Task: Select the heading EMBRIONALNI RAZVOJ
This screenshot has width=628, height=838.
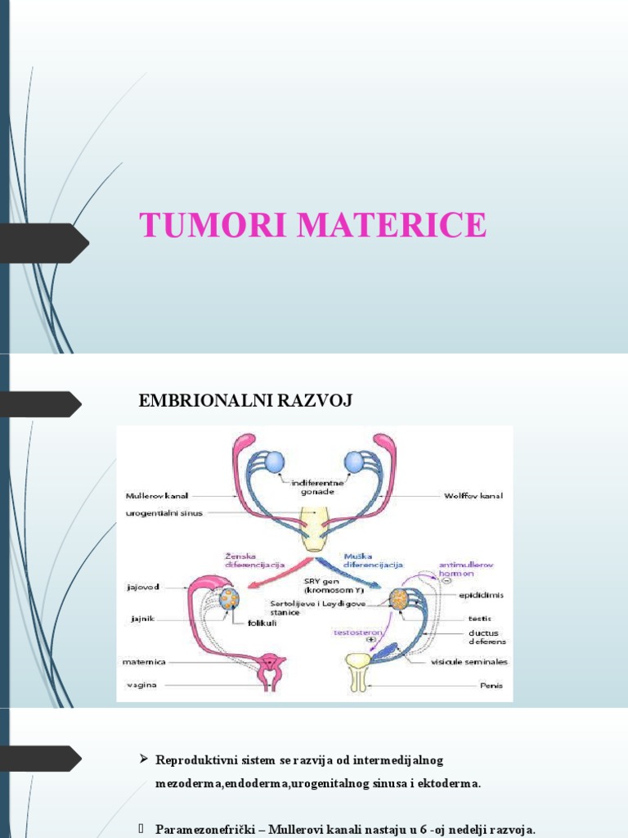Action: coord(246,401)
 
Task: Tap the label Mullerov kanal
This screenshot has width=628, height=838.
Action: coord(157,495)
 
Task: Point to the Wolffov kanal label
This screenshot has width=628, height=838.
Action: coord(473,495)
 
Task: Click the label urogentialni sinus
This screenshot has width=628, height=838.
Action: coord(164,513)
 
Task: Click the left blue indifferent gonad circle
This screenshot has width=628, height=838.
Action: coord(274,462)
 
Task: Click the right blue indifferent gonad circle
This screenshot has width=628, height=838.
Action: coord(354,462)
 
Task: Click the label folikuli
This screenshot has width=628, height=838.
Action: coord(264,622)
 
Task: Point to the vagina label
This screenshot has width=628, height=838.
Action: coord(141,683)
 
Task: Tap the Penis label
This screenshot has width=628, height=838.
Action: coord(491,685)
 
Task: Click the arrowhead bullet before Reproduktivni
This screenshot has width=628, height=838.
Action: coord(144,760)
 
